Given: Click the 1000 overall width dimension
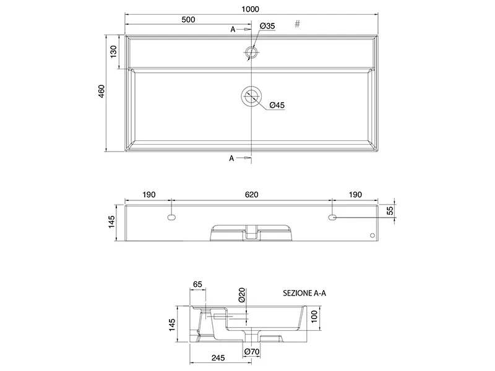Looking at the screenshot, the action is [251, 9].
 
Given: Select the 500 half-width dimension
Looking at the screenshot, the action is [188, 20].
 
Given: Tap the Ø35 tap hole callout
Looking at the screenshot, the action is [268, 26].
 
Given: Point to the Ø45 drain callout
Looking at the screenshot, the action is [277, 105].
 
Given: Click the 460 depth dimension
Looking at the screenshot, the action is [101, 91].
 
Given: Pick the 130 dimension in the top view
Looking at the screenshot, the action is [113, 51].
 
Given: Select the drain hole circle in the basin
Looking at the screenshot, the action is [251, 96].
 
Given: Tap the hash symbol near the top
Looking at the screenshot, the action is [298, 24].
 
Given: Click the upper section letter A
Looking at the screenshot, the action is [233, 29].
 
